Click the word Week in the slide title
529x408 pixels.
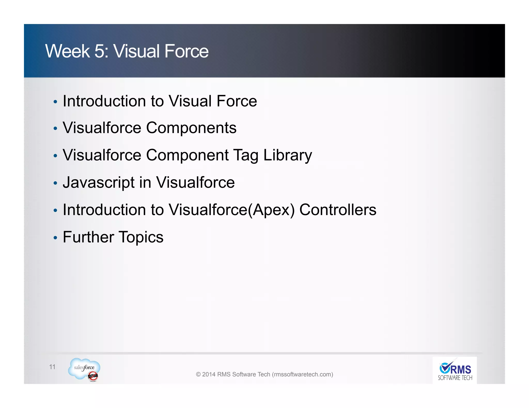[67, 51]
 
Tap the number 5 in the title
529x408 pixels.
[99, 51]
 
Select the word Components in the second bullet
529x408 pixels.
[191, 128]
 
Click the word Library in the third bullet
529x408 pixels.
[287, 155]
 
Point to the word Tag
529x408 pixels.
[245, 156]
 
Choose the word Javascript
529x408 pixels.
[99, 183]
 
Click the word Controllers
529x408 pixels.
[338, 210]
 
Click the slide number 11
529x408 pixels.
[52, 367]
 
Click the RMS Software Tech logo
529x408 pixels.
[455, 370]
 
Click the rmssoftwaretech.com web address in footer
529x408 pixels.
[302, 374]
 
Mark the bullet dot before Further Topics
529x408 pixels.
[55, 238]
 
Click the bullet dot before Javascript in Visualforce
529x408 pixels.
[55, 183]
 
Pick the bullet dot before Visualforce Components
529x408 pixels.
[55, 128]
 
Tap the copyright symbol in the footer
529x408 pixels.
[198, 374]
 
